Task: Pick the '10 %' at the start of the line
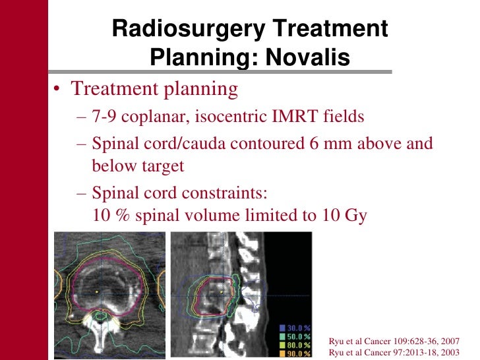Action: [109, 216]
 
